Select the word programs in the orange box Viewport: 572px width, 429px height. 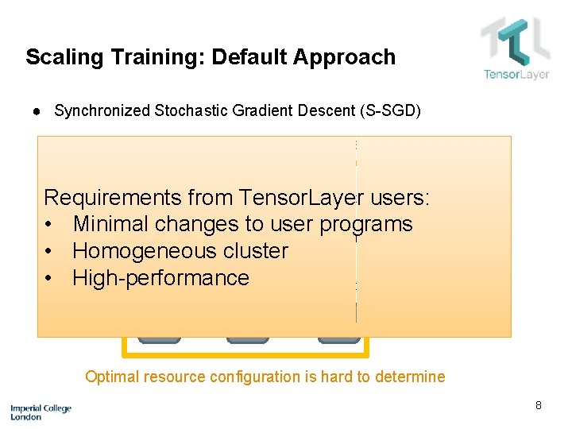pyautogui.click(x=366, y=225)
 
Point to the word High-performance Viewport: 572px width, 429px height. pyautogui.click(x=160, y=278)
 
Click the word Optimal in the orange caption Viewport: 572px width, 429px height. pyautogui.click(x=112, y=377)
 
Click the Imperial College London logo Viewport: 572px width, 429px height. pyautogui.click(x=41, y=412)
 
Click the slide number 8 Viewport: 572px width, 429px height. pyautogui.click(x=538, y=406)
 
